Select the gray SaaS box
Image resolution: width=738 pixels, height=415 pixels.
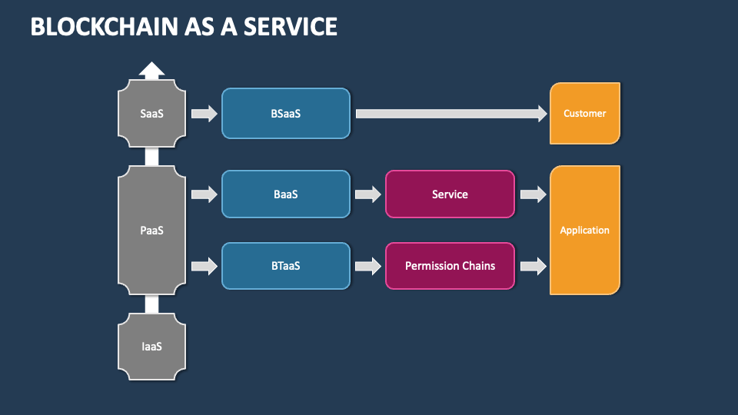pyautogui.click(x=151, y=114)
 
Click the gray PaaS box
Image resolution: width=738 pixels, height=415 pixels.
pyautogui.click(x=151, y=231)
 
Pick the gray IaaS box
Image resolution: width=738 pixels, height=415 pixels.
pyautogui.click(x=151, y=347)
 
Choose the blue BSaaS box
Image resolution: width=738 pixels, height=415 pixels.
pyautogui.click(x=285, y=114)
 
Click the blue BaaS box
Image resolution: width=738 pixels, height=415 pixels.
pyautogui.click(x=285, y=194)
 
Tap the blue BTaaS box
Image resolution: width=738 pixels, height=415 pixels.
pyautogui.click(x=285, y=266)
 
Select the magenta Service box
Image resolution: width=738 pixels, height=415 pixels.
pyautogui.click(x=450, y=194)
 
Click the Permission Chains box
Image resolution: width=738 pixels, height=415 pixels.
pyautogui.click(x=450, y=266)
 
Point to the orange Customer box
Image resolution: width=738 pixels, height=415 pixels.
pyautogui.click(x=585, y=114)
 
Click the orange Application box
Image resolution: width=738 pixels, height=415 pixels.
pyautogui.click(x=585, y=231)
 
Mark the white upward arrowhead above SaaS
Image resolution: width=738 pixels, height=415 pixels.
pyautogui.click(x=151, y=71)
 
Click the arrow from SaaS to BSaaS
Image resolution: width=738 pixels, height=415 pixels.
pyautogui.click(x=204, y=114)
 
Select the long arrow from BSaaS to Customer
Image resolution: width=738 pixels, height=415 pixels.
pyautogui.click(x=450, y=114)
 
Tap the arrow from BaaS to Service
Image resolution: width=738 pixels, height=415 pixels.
pyautogui.click(x=368, y=194)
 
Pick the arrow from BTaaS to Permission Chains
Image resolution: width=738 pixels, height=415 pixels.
pyautogui.click(x=368, y=266)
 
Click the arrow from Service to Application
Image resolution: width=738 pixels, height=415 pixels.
pyautogui.click(x=533, y=194)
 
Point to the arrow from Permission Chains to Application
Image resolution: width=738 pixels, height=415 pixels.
pyautogui.click(x=533, y=266)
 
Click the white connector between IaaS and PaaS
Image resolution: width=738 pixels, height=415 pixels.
pyautogui.click(x=151, y=305)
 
